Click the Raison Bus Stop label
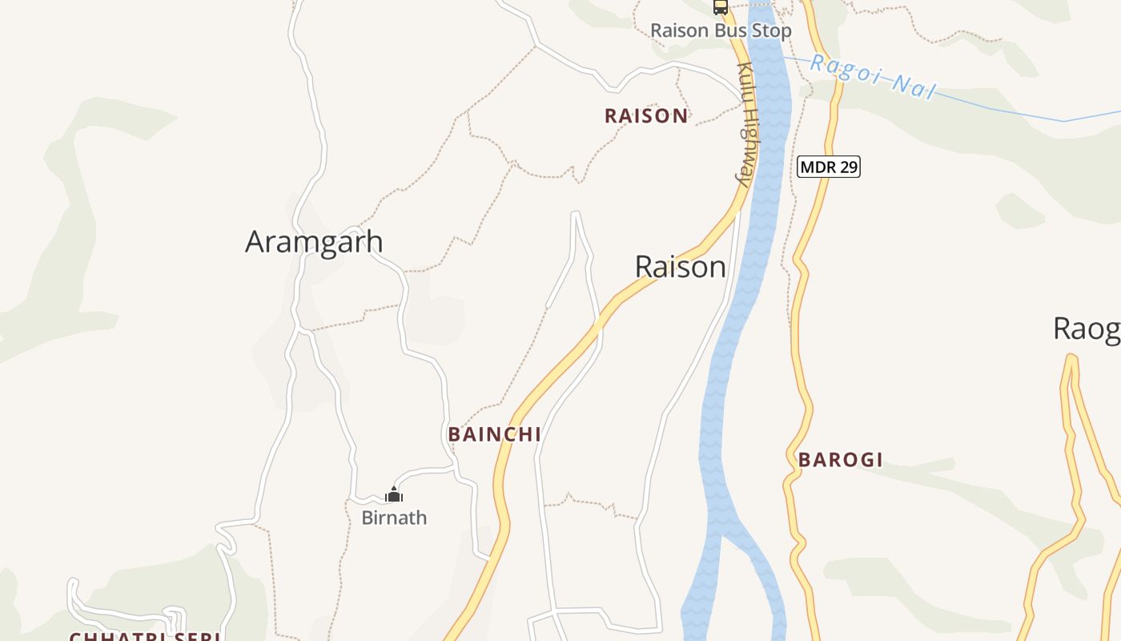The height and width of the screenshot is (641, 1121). tap(720, 30)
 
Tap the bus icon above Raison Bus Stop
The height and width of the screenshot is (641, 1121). tap(721, 7)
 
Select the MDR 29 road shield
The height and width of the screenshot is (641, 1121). tap(829, 167)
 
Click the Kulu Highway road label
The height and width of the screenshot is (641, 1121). tap(745, 124)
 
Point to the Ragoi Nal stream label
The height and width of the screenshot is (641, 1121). tap(872, 78)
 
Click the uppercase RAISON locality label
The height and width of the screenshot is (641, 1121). tap(646, 116)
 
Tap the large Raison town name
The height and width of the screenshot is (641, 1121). tap(680, 267)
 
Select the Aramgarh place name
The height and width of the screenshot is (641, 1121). tap(314, 241)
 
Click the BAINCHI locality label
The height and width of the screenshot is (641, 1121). tap(494, 434)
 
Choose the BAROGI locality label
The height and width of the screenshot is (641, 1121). tap(840, 460)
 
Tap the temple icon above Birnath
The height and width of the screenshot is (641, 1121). tap(394, 494)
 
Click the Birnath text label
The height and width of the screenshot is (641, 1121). tap(394, 518)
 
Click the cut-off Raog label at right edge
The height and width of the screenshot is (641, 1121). tap(1086, 329)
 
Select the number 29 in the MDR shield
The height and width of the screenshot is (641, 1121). tap(847, 167)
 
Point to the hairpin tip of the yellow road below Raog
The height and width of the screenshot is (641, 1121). tap(1070, 358)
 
